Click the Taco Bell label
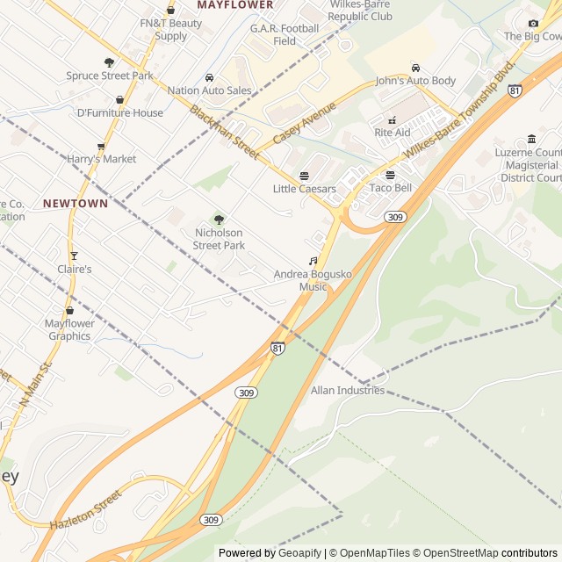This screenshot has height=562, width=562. pos(391,188)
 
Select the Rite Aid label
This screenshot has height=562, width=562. pos(393,133)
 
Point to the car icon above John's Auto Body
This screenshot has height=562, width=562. pos(415,68)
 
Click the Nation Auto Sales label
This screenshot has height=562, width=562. pos(209,90)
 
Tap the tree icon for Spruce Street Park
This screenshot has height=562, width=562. pos(110,62)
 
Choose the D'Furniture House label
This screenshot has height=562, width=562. pos(120,112)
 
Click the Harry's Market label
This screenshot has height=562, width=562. pos(102,159)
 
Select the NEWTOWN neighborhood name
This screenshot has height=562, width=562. pos(76,203)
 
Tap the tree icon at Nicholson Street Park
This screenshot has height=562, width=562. pos(219,220)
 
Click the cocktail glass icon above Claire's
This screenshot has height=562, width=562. pos(74,256)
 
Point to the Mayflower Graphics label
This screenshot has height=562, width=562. pos(69,329)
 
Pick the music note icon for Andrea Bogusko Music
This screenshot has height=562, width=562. pos(313,262)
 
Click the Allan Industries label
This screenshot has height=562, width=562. pos(348,390)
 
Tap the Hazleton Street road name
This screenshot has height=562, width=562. pos(85,511)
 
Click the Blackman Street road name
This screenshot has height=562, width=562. pos(224,133)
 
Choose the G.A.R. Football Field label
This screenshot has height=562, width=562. pos(285,34)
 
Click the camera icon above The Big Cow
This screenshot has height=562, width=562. pos(533,23)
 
